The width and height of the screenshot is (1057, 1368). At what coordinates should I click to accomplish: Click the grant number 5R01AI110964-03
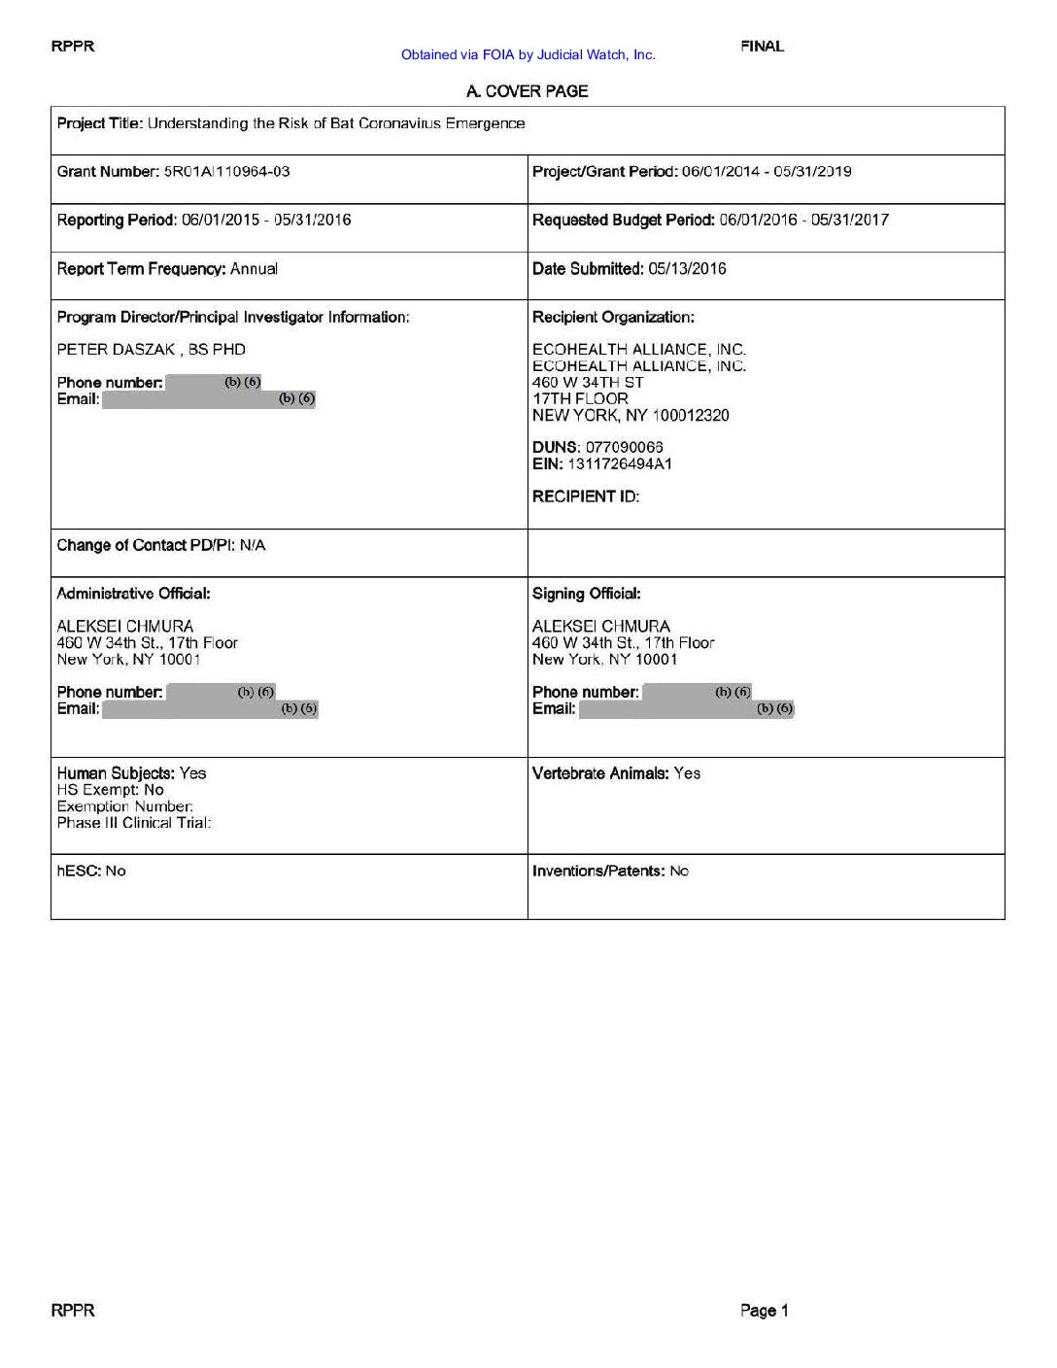point(227,172)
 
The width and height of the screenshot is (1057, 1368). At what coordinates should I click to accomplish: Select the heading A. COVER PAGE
point(528,91)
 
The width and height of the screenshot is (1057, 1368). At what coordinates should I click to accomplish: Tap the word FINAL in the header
point(762,46)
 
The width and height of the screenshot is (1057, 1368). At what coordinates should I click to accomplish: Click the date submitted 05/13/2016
point(687,269)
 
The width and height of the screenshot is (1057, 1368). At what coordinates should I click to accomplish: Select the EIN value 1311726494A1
point(620,464)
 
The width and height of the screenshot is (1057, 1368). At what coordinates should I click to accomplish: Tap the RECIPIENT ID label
point(586,496)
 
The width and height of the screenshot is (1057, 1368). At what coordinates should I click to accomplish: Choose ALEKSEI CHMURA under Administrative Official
point(125,627)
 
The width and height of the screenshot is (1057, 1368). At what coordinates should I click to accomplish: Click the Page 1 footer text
point(765,1311)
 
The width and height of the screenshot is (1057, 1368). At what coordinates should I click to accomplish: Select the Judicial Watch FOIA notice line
point(528,55)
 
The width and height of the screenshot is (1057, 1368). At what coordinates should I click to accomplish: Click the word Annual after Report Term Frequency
point(254,269)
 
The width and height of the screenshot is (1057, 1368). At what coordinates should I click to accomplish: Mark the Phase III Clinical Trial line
point(134,823)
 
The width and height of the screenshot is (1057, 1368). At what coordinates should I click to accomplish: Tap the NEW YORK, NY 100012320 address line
point(631,416)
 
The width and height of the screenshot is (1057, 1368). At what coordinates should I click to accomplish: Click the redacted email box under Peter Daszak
point(208,399)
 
